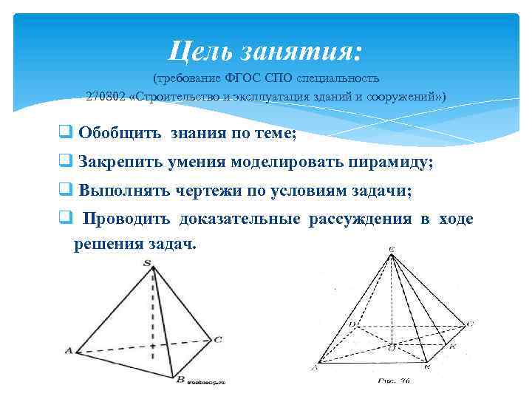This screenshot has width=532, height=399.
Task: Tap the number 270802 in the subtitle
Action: pyautogui.click(x=105, y=98)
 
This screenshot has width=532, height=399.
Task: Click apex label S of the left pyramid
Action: pyautogui.click(x=148, y=262)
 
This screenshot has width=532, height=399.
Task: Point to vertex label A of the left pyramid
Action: pyautogui.click(x=69, y=351)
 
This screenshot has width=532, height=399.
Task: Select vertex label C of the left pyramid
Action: pyautogui.click(x=218, y=340)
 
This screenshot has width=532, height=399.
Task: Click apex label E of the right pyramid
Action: pyautogui.click(x=391, y=250)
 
